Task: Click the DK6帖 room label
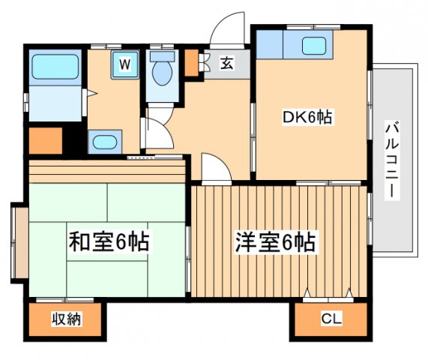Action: click(307, 118)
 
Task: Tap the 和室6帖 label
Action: click(109, 241)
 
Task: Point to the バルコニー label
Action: click(391, 160)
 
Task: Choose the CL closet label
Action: click(331, 320)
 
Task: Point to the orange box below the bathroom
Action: click(45, 141)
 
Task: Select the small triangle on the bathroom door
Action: click(88, 94)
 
